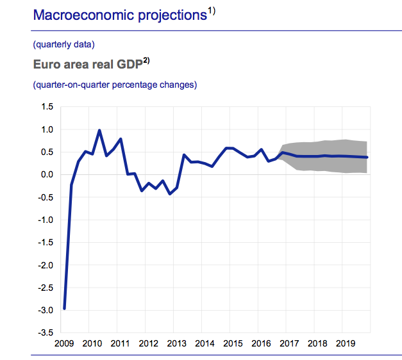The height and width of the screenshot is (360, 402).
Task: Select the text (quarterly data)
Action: coord(63,45)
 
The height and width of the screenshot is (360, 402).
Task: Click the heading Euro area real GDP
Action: coord(87,65)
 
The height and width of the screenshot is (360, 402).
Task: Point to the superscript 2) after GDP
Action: coord(146,61)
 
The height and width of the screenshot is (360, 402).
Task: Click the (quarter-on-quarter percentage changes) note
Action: coord(115,85)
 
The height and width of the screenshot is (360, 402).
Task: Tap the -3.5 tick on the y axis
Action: coord(45,332)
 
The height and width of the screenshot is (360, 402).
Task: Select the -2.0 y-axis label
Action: coord(45,265)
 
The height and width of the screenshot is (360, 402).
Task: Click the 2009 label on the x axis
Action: coord(65,344)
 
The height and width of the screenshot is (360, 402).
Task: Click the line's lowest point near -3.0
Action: coord(65,308)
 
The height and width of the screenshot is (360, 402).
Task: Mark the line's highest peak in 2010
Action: coord(99,130)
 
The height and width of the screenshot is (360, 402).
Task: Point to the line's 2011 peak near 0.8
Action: coord(121,139)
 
